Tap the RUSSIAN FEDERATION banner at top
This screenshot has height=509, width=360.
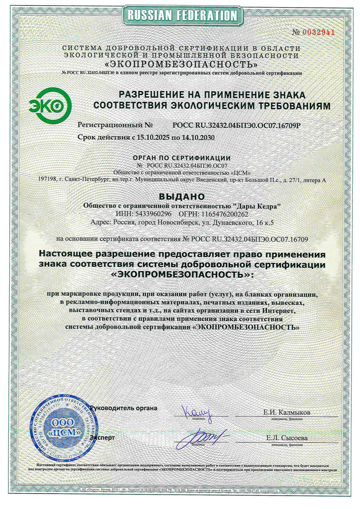[x=179, y=15]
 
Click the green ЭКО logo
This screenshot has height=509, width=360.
[x=49, y=104]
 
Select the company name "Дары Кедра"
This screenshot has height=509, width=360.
[x=258, y=206]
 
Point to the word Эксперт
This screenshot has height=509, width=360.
[x=102, y=437]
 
